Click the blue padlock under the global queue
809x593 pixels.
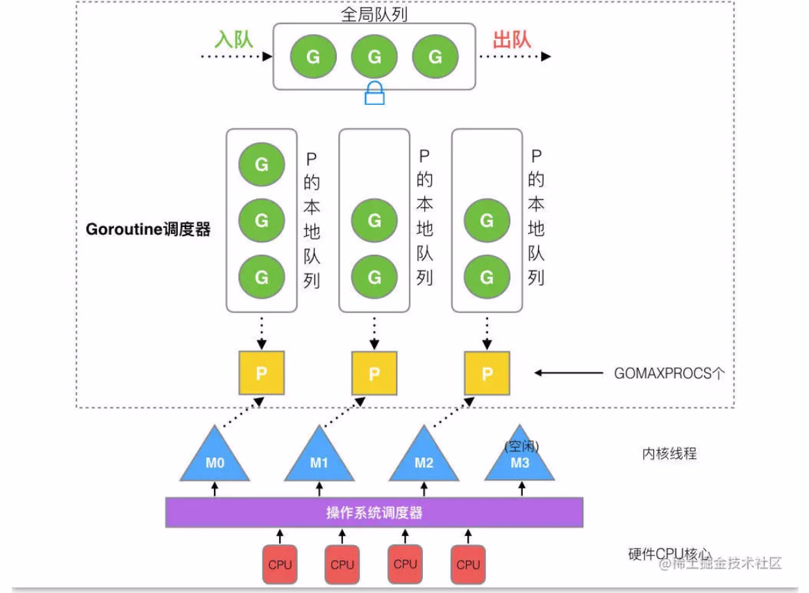click(x=374, y=93)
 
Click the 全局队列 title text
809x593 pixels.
click(x=374, y=15)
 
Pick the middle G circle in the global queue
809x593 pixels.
click(x=374, y=56)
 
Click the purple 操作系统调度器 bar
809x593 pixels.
click(x=374, y=513)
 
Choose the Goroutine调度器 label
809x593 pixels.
click(x=148, y=229)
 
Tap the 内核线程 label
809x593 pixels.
click(x=669, y=454)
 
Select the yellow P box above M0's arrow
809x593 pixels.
click(x=262, y=373)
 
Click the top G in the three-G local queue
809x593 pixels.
click(x=262, y=165)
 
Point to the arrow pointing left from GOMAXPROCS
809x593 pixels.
click(x=568, y=373)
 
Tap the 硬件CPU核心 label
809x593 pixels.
click(x=669, y=554)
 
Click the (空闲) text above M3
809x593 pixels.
click(x=522, y=446)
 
